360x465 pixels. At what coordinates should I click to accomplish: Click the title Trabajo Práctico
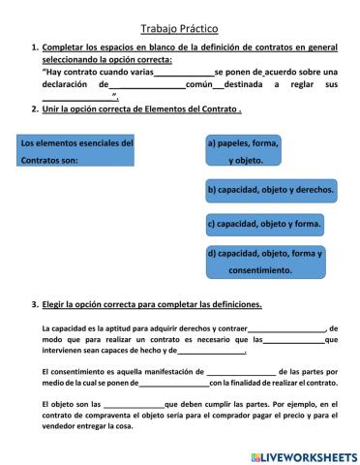point(179,30)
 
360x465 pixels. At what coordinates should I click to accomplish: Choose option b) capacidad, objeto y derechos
point(271,191)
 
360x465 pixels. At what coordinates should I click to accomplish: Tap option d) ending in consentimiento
point(265,261)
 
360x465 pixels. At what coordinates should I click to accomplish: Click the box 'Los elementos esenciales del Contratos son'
point(78,151)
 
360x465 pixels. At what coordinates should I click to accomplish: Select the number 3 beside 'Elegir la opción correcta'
point(34,304)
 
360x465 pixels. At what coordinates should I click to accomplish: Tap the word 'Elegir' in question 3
point(56,304)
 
